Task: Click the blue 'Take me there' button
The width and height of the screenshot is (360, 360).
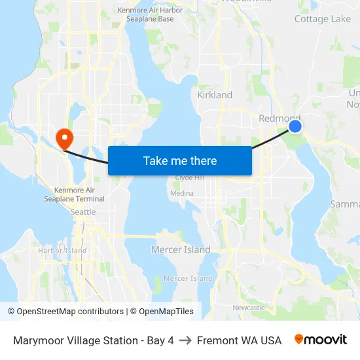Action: click(x=179, y=160)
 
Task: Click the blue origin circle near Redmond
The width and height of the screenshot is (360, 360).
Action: click(x=295, y=126)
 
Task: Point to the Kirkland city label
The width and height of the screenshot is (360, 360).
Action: click(x=215, y=95)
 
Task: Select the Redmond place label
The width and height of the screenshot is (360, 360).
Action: click(x=278, y=118)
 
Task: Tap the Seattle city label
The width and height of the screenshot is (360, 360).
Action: click(x=83, y=212)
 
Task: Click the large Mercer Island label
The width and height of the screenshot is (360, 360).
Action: click(x=181, y=249)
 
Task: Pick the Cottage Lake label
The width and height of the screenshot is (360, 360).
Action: click(x=323, y=19)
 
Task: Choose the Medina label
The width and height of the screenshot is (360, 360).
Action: click(x=181, y=193)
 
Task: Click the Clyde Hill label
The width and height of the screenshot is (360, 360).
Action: click(x=190, y=179)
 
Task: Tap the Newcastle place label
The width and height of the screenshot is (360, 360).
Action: click(x=249, y=307)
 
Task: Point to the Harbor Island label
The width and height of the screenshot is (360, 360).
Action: click(x=62, y=251)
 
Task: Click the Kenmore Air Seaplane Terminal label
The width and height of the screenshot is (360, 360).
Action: click(x=74, y=194)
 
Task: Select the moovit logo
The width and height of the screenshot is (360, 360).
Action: click(x=321, y=340)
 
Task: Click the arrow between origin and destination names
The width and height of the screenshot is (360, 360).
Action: click(x=185, y=340)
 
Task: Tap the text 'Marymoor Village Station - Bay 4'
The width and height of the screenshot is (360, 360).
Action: click(x=94, y=340)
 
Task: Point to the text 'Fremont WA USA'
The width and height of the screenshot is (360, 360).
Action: click(x=239, y=340)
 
